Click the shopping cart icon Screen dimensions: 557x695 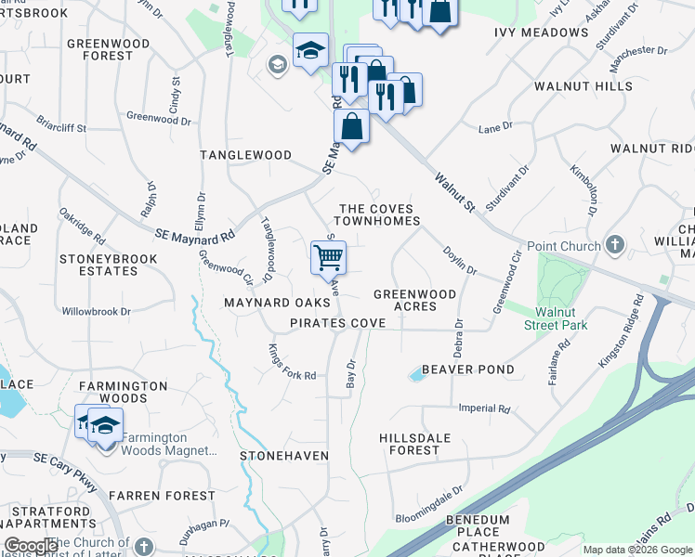tap(327, 256)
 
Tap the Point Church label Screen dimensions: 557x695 tap(564, 245)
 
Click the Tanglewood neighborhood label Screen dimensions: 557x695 tap(247, 155)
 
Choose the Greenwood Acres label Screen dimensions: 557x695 tap(414, 300)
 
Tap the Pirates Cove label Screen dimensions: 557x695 tap(337, 322)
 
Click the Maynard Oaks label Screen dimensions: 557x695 tap(277, 303)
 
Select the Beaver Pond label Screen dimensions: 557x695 tap(467, 369)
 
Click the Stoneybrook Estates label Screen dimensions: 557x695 tap(98, 265)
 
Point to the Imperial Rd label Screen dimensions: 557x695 tap(484, 408)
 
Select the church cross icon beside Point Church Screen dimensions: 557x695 tap(614, 245)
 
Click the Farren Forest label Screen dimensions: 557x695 tap(162, 496)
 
